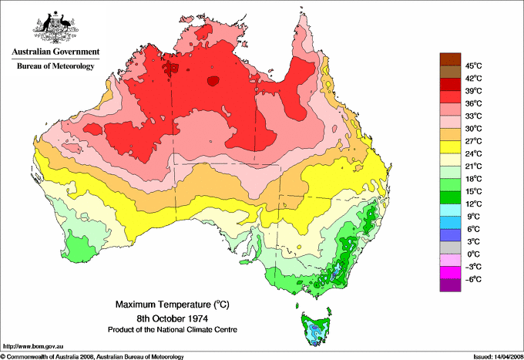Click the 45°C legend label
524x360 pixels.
[472, 66]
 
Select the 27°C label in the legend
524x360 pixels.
[472, 141]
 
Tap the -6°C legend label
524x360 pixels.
[472, 279]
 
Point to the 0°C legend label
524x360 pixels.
[472, 254]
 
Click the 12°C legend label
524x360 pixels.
[472, 204]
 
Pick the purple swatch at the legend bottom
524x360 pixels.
[449, 285]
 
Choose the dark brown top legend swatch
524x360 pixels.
[449, 59]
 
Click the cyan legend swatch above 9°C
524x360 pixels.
[449, 210]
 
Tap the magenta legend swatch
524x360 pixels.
[449, 273]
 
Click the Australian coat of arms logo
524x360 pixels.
[54, 26]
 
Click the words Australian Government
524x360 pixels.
[55, 52]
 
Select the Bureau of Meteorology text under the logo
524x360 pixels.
[55, 67]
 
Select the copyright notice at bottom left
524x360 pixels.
[92, 355]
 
